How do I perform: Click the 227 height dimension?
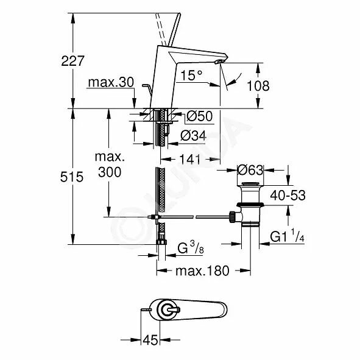72,61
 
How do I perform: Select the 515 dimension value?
72,177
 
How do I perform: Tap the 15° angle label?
191,75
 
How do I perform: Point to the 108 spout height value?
258,86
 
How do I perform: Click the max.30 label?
111,82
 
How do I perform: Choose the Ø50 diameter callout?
200,116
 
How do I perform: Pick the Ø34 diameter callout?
193,135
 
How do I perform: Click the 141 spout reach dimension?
190,159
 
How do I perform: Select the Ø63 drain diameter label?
250,170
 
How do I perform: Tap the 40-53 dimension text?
288,196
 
